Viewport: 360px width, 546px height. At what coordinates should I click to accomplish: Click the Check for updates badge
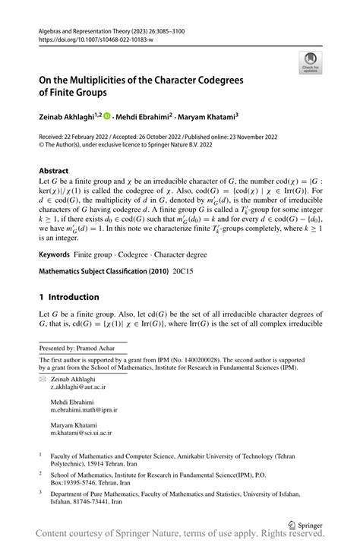(x=310, y=63)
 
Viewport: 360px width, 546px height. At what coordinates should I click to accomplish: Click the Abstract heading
(x=54, y=171)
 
